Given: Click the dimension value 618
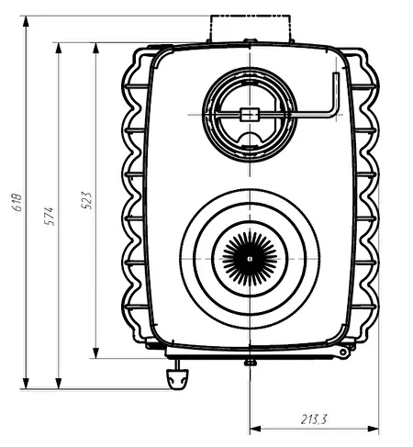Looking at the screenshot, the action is [x=17, y=202].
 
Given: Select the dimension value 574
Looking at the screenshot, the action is [x=49, y=216].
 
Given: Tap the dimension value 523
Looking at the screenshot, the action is [x=86, y=200].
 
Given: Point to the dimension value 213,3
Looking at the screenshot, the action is [x=314, y=419].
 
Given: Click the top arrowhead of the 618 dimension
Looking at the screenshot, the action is [x=26, y=22].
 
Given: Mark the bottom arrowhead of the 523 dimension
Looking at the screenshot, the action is [x=95, y=352].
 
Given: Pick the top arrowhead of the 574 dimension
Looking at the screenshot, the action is [x=59, y=49].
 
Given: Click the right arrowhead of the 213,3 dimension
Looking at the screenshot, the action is [x=373, y=429].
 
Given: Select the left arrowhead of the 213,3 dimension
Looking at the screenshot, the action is [x=256, y=429].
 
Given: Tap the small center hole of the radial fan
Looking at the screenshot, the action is [x=250, y=259].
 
